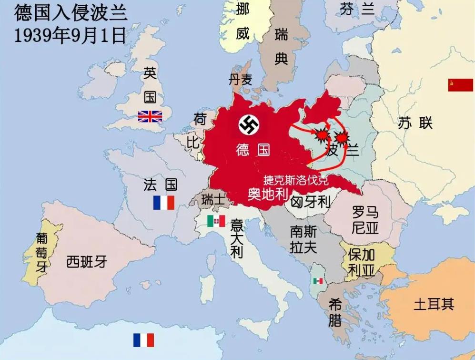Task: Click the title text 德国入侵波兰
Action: click(71, 13)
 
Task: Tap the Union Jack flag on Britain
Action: click(150, 116)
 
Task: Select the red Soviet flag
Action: click(460, 85)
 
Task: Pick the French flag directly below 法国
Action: click(163, 203)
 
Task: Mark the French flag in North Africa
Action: click(143, 340)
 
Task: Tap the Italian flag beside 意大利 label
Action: click(216, 221)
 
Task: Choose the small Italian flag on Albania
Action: click(318, 281)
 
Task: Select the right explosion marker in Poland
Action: click(341, 138)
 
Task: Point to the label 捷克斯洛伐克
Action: click(295, 181)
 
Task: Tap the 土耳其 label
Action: click(434, 304)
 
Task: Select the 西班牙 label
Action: click(87, 261)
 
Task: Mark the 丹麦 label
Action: click(240, 80)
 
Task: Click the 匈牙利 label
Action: click(311, 202)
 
